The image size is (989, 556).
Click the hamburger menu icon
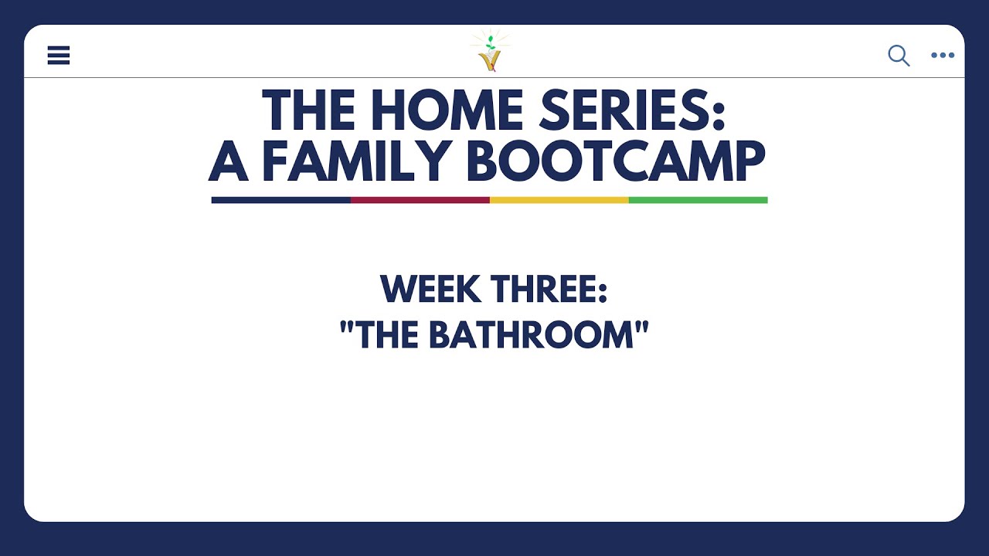(x=59, y=56)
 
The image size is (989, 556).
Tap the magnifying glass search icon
(x=899, y=56)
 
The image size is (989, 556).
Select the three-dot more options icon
(x=943, y=56)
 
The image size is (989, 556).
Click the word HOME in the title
(x=435, y=111)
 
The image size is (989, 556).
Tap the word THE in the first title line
(x=308, y=111)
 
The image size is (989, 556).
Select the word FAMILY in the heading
(x=356, y=161)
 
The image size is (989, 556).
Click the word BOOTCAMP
(x=615, y=161)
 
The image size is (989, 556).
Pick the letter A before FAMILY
(x=229, y=161)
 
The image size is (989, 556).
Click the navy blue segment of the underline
(x=280, y=200)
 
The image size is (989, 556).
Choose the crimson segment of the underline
(x=420, y=200)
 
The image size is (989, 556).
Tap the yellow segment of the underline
(x=559, y=200)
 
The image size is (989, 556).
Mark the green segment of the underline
(x=698, y=200)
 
